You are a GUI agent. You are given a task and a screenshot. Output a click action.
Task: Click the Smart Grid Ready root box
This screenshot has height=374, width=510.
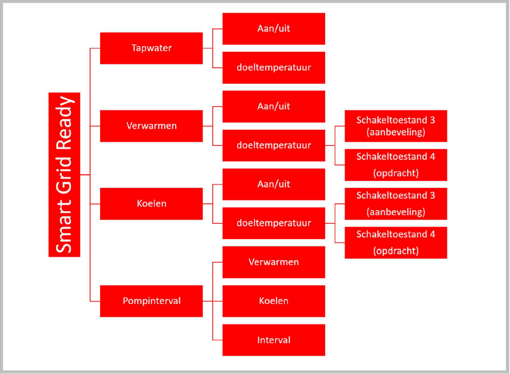click(64, 175)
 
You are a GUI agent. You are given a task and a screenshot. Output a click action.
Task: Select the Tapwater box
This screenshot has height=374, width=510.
click(151, 48)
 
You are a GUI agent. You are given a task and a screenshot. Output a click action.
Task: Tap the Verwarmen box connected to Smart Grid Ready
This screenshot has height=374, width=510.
click(151, 126)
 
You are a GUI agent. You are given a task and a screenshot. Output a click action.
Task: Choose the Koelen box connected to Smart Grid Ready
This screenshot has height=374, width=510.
click(151, 204)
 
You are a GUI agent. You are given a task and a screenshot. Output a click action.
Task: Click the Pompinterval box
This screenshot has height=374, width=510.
click(151, 301)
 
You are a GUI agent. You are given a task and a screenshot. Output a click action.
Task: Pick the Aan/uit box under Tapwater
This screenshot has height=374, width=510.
click(273, 28)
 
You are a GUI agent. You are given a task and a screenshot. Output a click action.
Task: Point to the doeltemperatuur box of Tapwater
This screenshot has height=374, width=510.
click(273, 67)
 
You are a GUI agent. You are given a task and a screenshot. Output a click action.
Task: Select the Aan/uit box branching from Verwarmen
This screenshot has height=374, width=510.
click(273, 106)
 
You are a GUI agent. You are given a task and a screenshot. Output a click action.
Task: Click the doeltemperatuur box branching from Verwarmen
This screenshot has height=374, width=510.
click(273, 145)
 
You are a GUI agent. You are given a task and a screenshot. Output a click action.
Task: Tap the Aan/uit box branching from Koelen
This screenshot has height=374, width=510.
click(273, 184)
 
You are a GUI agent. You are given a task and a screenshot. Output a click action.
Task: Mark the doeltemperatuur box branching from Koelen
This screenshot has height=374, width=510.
click(273, 223)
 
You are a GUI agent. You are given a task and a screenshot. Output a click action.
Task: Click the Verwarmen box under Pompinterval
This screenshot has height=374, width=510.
click(273, 262)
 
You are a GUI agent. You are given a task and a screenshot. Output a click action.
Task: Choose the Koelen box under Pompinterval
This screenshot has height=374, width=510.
click(273, 301)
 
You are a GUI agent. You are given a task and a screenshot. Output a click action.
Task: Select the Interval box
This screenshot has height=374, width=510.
click(273, 340)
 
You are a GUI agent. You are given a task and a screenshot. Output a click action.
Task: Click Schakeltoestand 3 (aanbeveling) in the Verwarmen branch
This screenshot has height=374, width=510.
click(396, 126)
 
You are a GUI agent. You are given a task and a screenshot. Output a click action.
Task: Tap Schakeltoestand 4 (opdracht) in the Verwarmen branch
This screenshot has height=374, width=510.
click(396, 165)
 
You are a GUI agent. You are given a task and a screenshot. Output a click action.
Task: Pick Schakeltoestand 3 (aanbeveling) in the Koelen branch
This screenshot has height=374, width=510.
click(396, 204)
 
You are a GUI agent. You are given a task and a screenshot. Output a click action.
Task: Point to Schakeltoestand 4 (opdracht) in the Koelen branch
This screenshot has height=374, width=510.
click(396, 243)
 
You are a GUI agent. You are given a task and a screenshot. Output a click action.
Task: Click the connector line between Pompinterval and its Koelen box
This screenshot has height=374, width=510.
click(213, 301)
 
